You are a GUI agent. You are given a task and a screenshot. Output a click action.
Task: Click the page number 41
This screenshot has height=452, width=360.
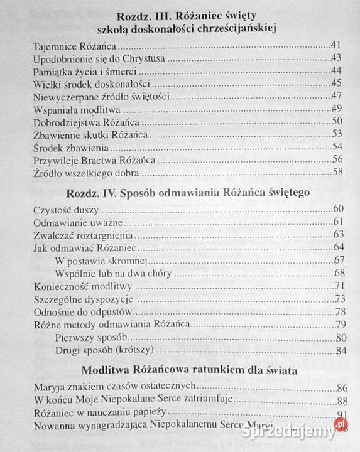(337, 46)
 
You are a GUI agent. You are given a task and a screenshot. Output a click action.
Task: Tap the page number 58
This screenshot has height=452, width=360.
(339, 172)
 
